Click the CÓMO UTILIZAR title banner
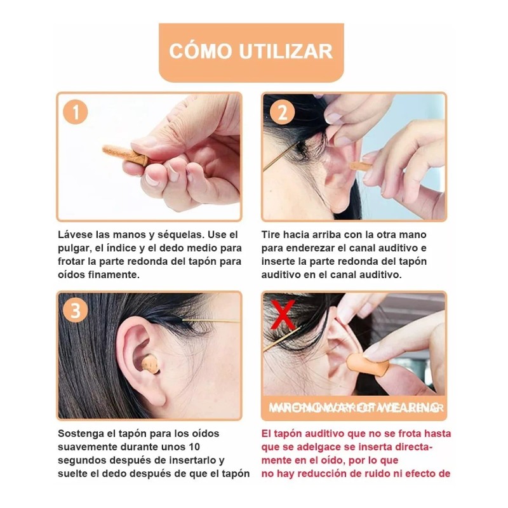click(x=251, y=51)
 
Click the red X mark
click(x=282, y=312)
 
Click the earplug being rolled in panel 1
click(x=121, y=152)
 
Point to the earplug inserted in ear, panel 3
click(x=150, y=364)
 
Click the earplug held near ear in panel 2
click(x=361, y=166)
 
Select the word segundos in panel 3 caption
click(x=82, y=460)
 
